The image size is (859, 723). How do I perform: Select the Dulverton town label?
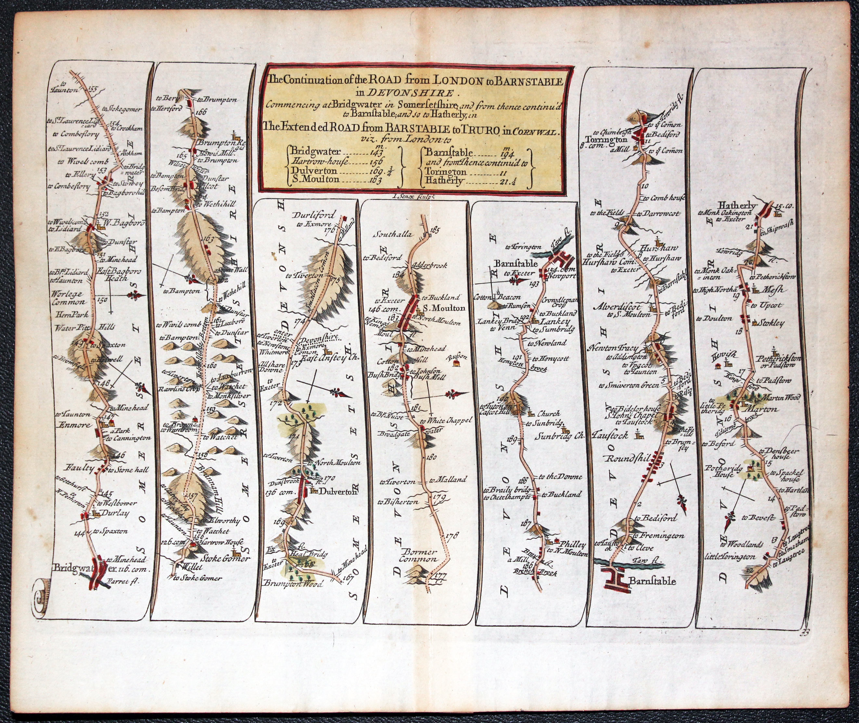click(339, 493)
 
